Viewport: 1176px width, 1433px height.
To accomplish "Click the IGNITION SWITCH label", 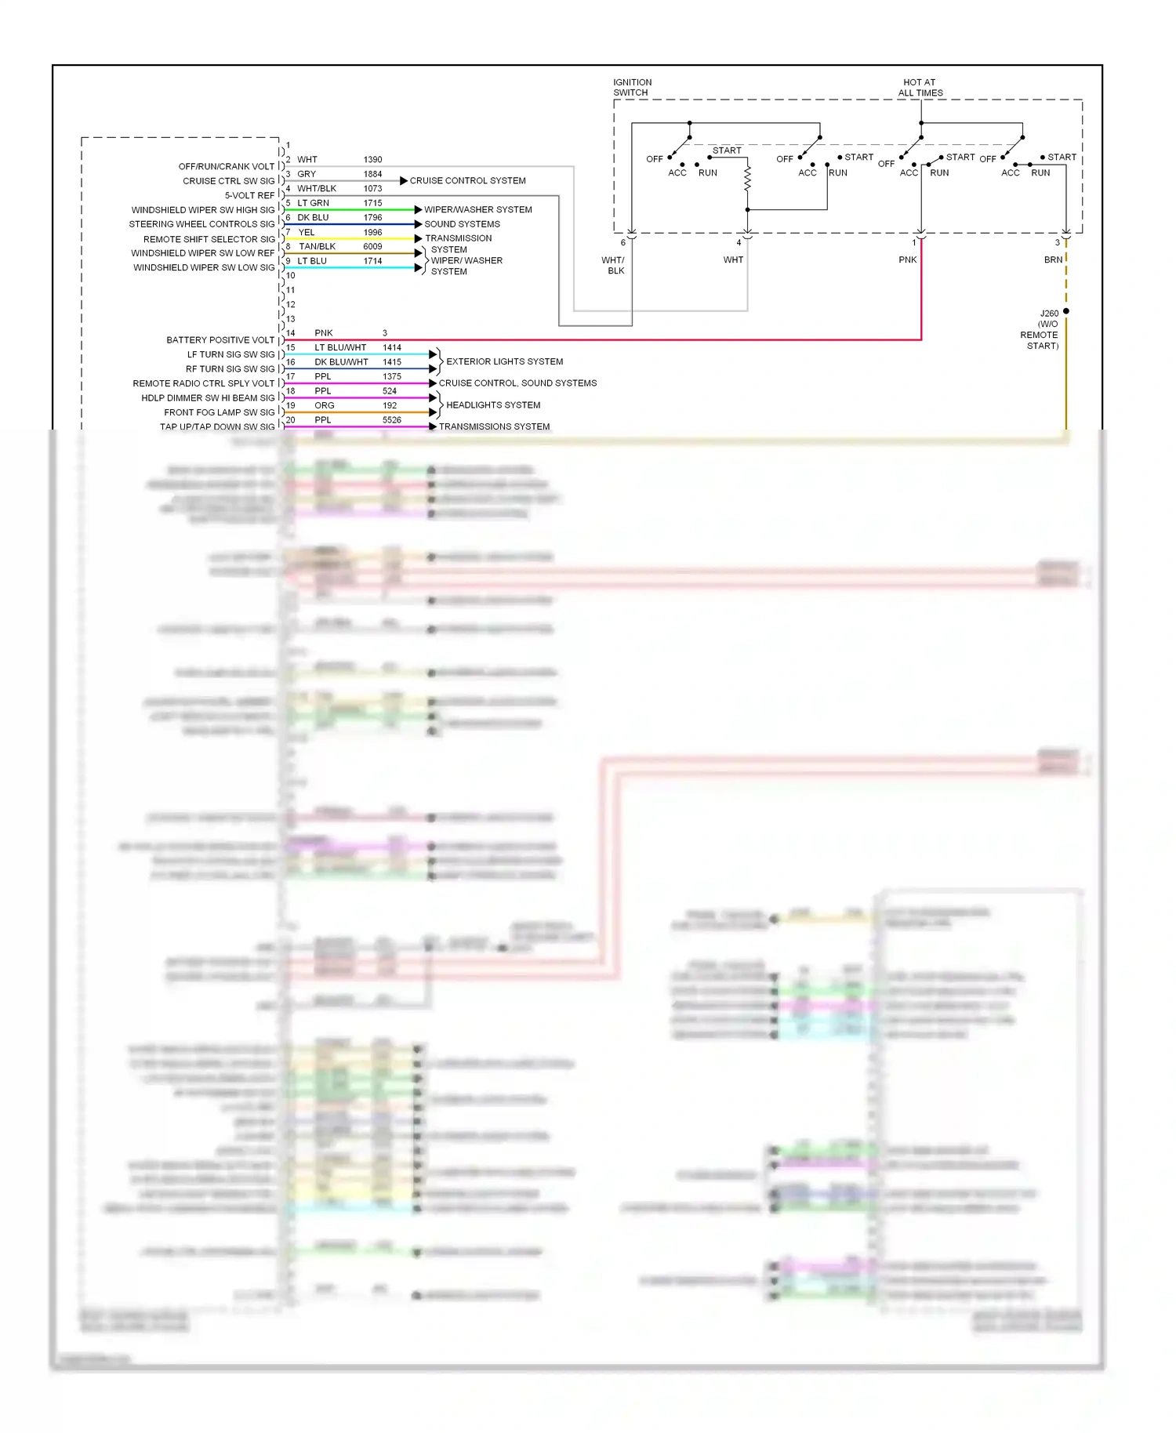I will point(632,87).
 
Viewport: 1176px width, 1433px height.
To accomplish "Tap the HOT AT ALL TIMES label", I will point(920,87).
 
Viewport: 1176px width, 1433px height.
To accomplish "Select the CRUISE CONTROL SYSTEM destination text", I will point(467,180).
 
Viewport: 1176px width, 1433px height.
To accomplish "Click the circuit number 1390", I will point(372,159).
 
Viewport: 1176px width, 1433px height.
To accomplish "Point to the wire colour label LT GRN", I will point(313,203).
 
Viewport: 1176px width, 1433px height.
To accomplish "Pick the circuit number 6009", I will point(372,246).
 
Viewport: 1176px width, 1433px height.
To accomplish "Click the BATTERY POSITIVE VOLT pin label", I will point(220,340).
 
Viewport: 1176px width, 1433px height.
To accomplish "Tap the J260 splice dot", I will point(1065,311).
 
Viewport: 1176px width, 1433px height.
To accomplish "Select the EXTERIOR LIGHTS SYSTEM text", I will point(504,361).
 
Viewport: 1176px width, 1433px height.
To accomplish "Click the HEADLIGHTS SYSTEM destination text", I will point(493,405).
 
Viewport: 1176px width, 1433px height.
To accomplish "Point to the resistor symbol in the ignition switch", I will point(747,178).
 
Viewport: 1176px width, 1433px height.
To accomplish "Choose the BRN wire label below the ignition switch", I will point(1053,259).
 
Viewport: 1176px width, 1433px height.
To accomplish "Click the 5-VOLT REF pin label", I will point(249,195).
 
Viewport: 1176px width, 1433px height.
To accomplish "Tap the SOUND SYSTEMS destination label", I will point(462,224).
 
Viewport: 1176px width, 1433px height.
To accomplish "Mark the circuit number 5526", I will point(391,420).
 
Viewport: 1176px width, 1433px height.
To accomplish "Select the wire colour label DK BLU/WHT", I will point(341,362).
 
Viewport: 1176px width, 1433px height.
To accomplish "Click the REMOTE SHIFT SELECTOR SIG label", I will point(209,239).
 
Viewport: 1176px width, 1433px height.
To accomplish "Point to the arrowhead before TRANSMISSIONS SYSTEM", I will point(433,426).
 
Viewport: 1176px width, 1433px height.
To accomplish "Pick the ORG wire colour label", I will point(324,405).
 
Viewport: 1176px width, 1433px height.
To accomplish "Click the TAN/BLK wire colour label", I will point(317,246).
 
